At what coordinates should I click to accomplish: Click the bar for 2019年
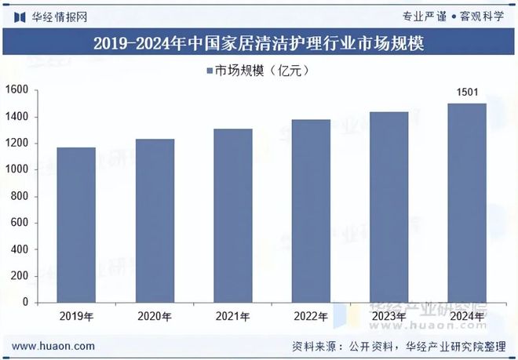click(76, 224)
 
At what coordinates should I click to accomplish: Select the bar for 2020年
click(155, 220)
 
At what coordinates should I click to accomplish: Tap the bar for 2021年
click(233, 215)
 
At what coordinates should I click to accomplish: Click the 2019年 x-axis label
click(76, 317)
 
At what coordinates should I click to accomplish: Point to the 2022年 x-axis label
click(311, 317)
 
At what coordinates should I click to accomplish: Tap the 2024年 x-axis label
click(467, 317)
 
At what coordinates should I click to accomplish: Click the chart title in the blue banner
click(259, 43)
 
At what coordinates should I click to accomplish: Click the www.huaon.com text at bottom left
click(54, 346)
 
